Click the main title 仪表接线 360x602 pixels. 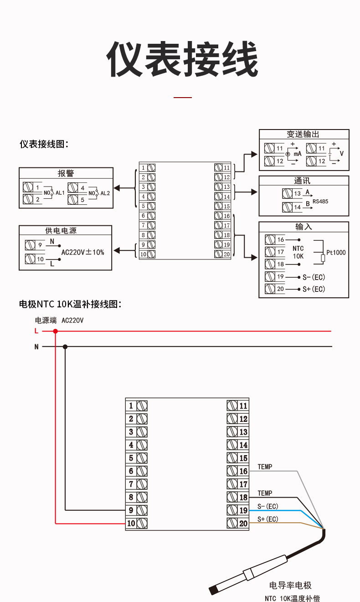(x=182, y=60)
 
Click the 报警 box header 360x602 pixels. (x=66, y=173)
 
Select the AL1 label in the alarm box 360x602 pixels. (x=60, y=193)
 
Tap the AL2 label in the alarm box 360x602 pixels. (x=105, y=193)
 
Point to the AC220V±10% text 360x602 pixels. (x=82, y=252)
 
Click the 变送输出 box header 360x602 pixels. (x=303, y=135)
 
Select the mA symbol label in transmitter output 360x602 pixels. (x=297, y=154)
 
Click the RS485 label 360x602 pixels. (x=320, y=201)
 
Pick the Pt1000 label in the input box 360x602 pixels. (x=336, y=253)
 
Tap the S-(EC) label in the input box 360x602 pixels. (x=314, y=277)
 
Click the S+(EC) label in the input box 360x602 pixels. (x=314, y=289)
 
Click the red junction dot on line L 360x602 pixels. (x=56, y=331)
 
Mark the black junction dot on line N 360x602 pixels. (x=65, y=347)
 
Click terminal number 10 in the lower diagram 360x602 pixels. (x=131, y=524)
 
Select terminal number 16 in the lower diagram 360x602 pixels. (x=243, y=471)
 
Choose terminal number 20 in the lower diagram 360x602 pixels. (x=243, y=524)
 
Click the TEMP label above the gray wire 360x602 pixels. (x=265, y=467)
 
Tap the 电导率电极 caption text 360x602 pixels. (x=290, y=586)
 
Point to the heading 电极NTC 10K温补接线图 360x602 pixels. (x=70, y=304)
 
